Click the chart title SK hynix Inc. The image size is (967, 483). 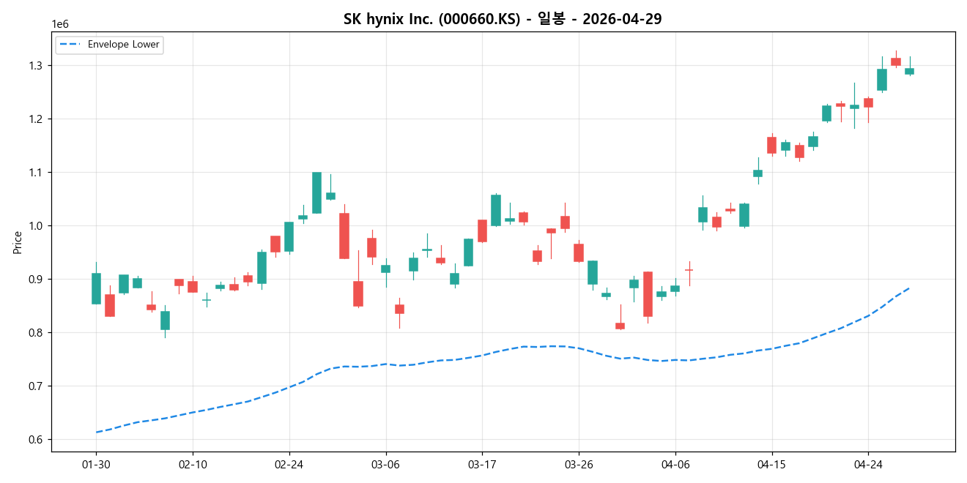(x=502, y=19)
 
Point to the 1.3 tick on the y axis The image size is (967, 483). (x=37, y=66)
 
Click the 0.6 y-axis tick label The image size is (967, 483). (x=37, y=440)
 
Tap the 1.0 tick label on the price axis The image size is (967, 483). (x=37, y=226)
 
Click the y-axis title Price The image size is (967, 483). (x=18, y=242)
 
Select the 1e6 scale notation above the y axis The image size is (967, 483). (x=60, y=24)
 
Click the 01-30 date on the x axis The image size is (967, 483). (x=96, y=465)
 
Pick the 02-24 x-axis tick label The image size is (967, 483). (x=289, y=465)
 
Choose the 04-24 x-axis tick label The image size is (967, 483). (x=868, y=465)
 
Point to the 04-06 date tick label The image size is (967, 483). (x=675, y=465)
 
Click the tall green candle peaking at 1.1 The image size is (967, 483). (x=316, y=192)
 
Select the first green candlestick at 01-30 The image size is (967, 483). (x=96, y=288)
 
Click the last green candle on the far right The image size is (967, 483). (x=909, y=71)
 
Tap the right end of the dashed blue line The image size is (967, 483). (x=909, y=288)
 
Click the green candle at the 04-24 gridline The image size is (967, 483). (x=854, y=107)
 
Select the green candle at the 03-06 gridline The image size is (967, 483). (x=385, y=269)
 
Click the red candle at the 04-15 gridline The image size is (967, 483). (x=771, y=145)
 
